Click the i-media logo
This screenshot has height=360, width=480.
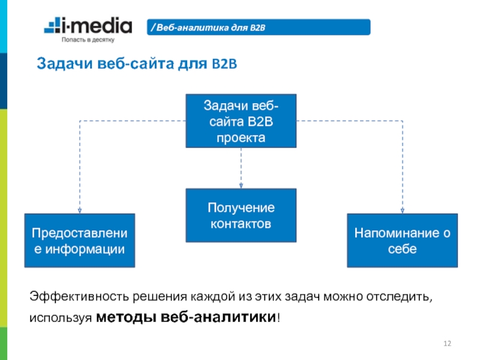88,26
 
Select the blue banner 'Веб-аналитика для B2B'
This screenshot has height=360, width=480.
259,27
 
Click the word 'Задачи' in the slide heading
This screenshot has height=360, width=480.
60,64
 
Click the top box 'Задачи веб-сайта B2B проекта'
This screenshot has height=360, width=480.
241,121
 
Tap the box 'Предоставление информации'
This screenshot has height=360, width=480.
80,240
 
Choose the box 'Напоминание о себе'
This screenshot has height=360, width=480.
402,240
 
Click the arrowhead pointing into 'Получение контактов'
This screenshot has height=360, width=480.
241,185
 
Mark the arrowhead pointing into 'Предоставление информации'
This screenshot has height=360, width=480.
80,210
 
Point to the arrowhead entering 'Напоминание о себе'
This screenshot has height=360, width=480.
402,210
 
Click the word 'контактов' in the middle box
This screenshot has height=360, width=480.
241,224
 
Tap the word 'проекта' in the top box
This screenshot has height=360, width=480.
241,137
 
